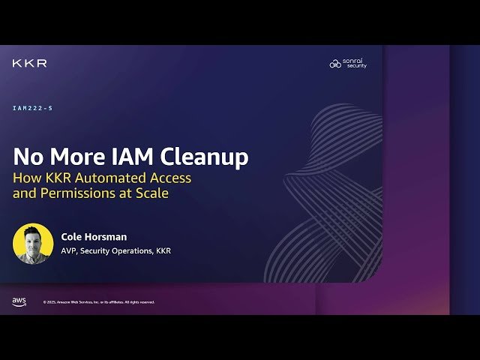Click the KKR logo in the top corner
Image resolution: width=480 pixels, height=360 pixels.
(x=29, y=64)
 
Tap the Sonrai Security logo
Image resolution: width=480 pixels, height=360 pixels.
(x=349, y=64)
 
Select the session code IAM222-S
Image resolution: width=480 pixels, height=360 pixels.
(x=32, y=108)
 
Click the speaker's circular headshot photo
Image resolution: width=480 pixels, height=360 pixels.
(x=33, y=244)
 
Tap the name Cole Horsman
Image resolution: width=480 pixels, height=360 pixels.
(x=93, y=236)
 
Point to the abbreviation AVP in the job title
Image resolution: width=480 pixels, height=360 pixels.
(x=70, y=250)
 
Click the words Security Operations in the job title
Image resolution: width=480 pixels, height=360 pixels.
(x=117, y=250)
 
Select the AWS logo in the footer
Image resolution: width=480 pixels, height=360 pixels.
(x=19, y=301)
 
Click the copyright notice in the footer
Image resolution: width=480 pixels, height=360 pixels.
(x=99, y=302)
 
